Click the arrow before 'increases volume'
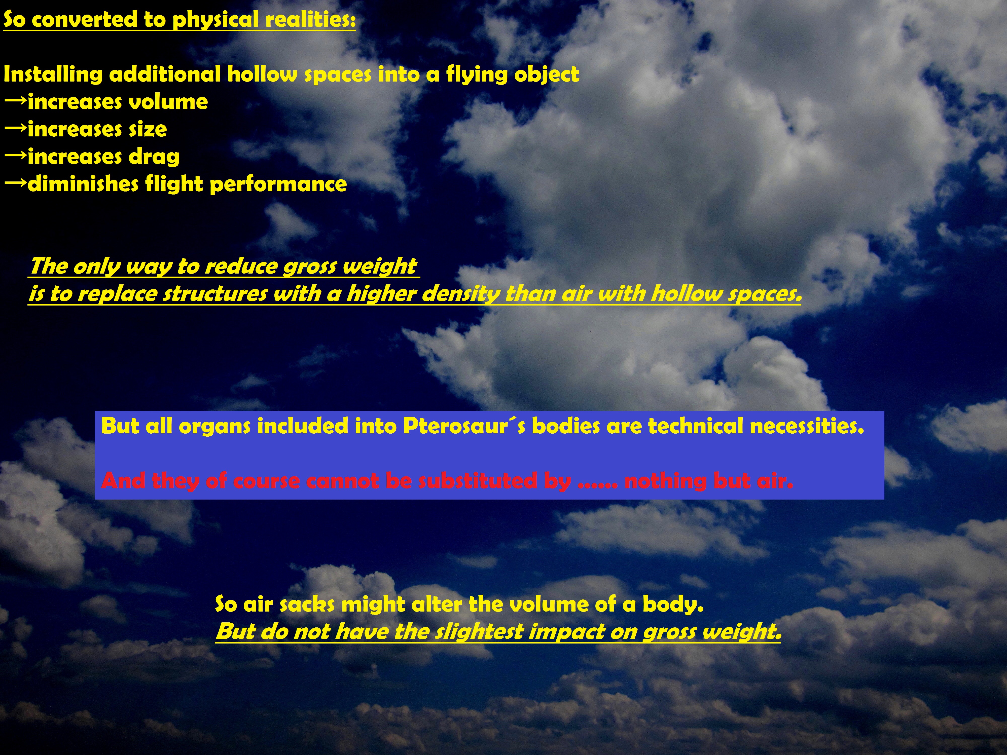click(15, 101)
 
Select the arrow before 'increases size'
click(15, 128)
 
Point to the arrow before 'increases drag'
click(15, 155)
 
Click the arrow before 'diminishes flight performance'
click(15, 182)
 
